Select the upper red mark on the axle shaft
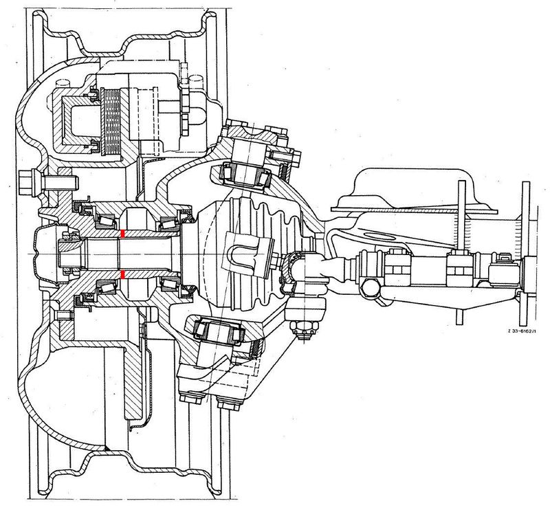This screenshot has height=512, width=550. point(122,235)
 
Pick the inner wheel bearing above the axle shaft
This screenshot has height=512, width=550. point(168,221)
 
